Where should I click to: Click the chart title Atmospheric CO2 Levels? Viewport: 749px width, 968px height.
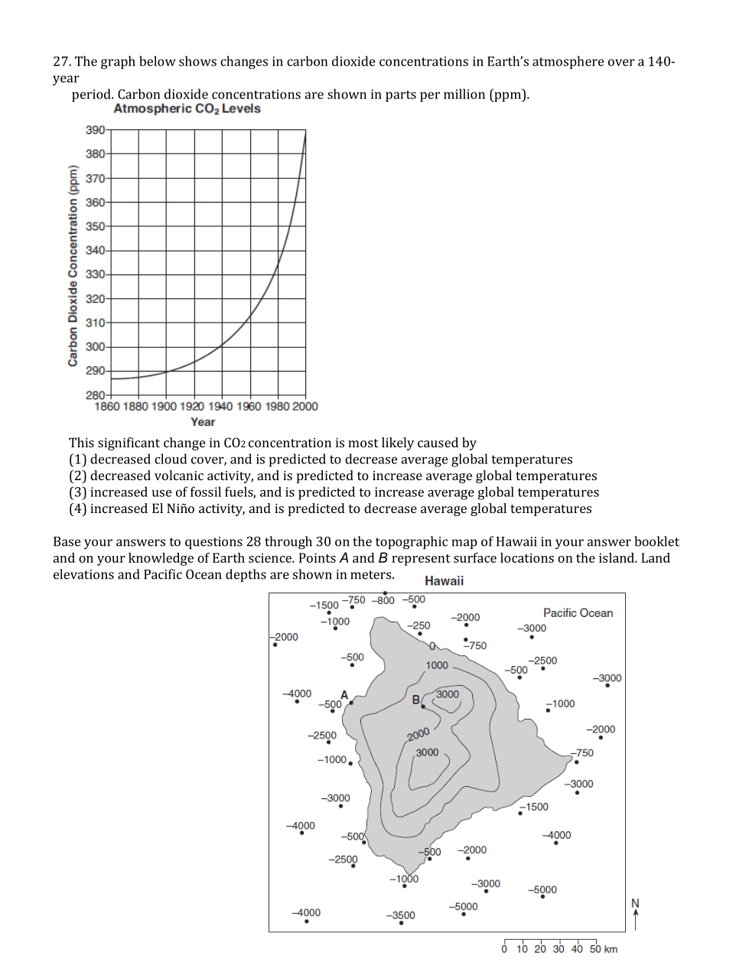click(187, 109)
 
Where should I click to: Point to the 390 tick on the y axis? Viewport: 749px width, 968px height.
click(95, 130)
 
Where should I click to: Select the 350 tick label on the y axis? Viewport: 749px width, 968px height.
click(95, 226)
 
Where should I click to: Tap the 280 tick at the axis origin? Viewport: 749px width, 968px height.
click(95, 395)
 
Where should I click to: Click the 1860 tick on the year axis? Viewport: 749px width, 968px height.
click(107, 407)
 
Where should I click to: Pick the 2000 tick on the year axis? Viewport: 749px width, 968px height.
click(305, 407)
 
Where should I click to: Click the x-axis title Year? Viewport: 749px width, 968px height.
click(203, 422)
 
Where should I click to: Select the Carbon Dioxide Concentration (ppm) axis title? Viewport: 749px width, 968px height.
click(73, 266)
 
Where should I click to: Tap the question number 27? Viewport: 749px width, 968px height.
click(60, 62)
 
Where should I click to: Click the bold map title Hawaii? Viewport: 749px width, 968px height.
click(444, 581)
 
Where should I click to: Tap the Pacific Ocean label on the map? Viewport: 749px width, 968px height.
click(578, 613)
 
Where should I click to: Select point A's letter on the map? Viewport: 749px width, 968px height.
click(344, 695)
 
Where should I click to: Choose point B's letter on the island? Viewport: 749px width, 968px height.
click(416, 700)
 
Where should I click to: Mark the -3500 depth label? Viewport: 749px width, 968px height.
click(401, 915)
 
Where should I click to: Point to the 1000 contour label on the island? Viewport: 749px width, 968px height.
click(437, 665)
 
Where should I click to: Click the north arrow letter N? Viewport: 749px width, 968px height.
click(635, 903)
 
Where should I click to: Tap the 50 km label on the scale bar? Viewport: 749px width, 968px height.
click(604, 950)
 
